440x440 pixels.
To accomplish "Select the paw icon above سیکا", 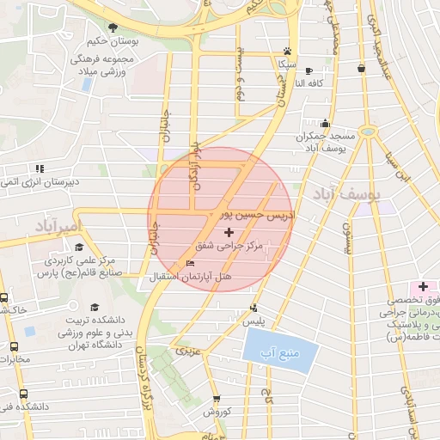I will [x=287, y=51].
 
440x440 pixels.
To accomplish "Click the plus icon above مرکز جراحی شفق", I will [x=228, y=233].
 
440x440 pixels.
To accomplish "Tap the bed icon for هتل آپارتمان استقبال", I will [x=190, y=263].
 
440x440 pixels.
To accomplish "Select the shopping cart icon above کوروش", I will [x=216, y=399].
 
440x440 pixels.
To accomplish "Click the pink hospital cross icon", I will [x=424, y=285].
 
